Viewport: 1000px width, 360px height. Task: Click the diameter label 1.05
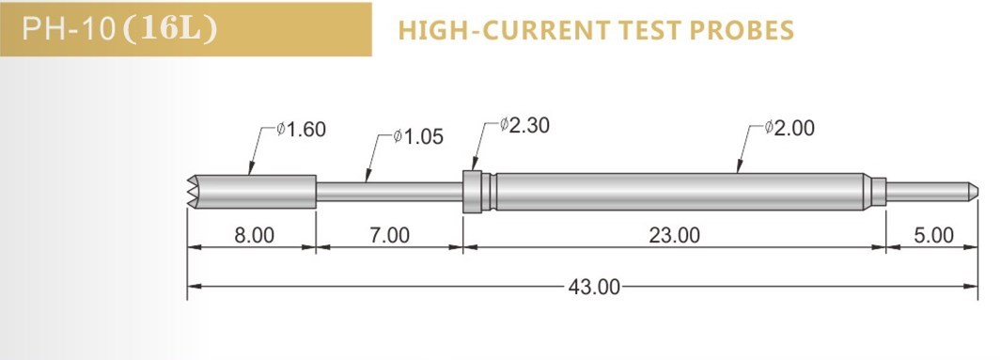[418, 138]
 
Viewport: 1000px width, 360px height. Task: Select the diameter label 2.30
[526, 124]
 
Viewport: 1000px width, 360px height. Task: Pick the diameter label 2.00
[790, 128]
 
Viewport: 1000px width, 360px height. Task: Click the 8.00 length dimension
[254, 235]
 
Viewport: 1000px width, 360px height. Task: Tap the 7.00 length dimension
[389, 235]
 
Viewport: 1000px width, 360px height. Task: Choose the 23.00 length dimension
[675, 235]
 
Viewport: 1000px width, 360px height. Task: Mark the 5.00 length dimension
[933, 235]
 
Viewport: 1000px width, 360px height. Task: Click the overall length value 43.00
[595, 287]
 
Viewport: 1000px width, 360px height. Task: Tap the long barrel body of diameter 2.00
[677, 191]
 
